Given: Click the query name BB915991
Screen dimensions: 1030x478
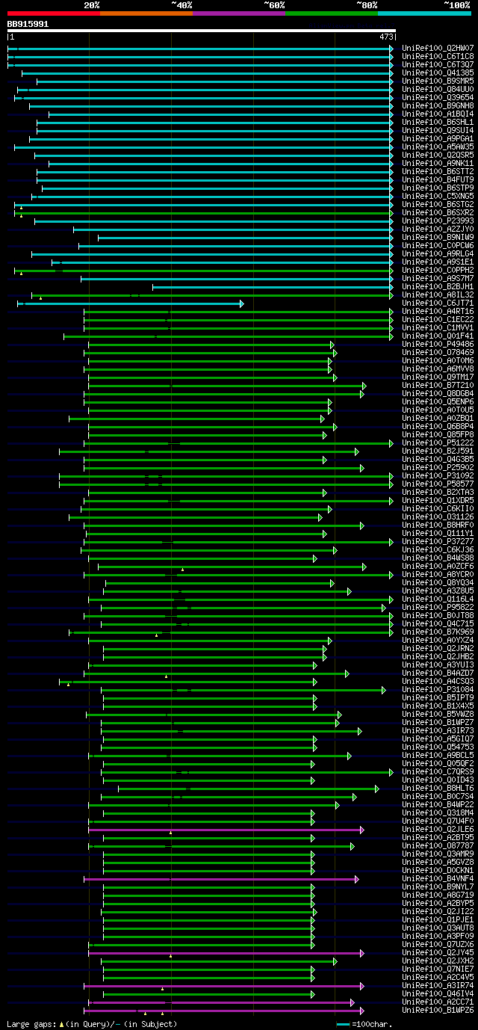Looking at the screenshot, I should coord(28,24).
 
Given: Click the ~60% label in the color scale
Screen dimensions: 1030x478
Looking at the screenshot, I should coord(274,5).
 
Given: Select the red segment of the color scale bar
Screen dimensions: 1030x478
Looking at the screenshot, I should coord(53,13).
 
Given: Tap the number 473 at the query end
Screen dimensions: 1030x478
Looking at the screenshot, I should coord(387,37).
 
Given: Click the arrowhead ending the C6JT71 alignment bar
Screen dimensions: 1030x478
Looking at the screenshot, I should coord(242,303).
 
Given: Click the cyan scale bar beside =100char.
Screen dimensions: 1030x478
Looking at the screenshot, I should coord(343,1024).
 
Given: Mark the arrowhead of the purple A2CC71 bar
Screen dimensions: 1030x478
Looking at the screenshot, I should coord(353,1002).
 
